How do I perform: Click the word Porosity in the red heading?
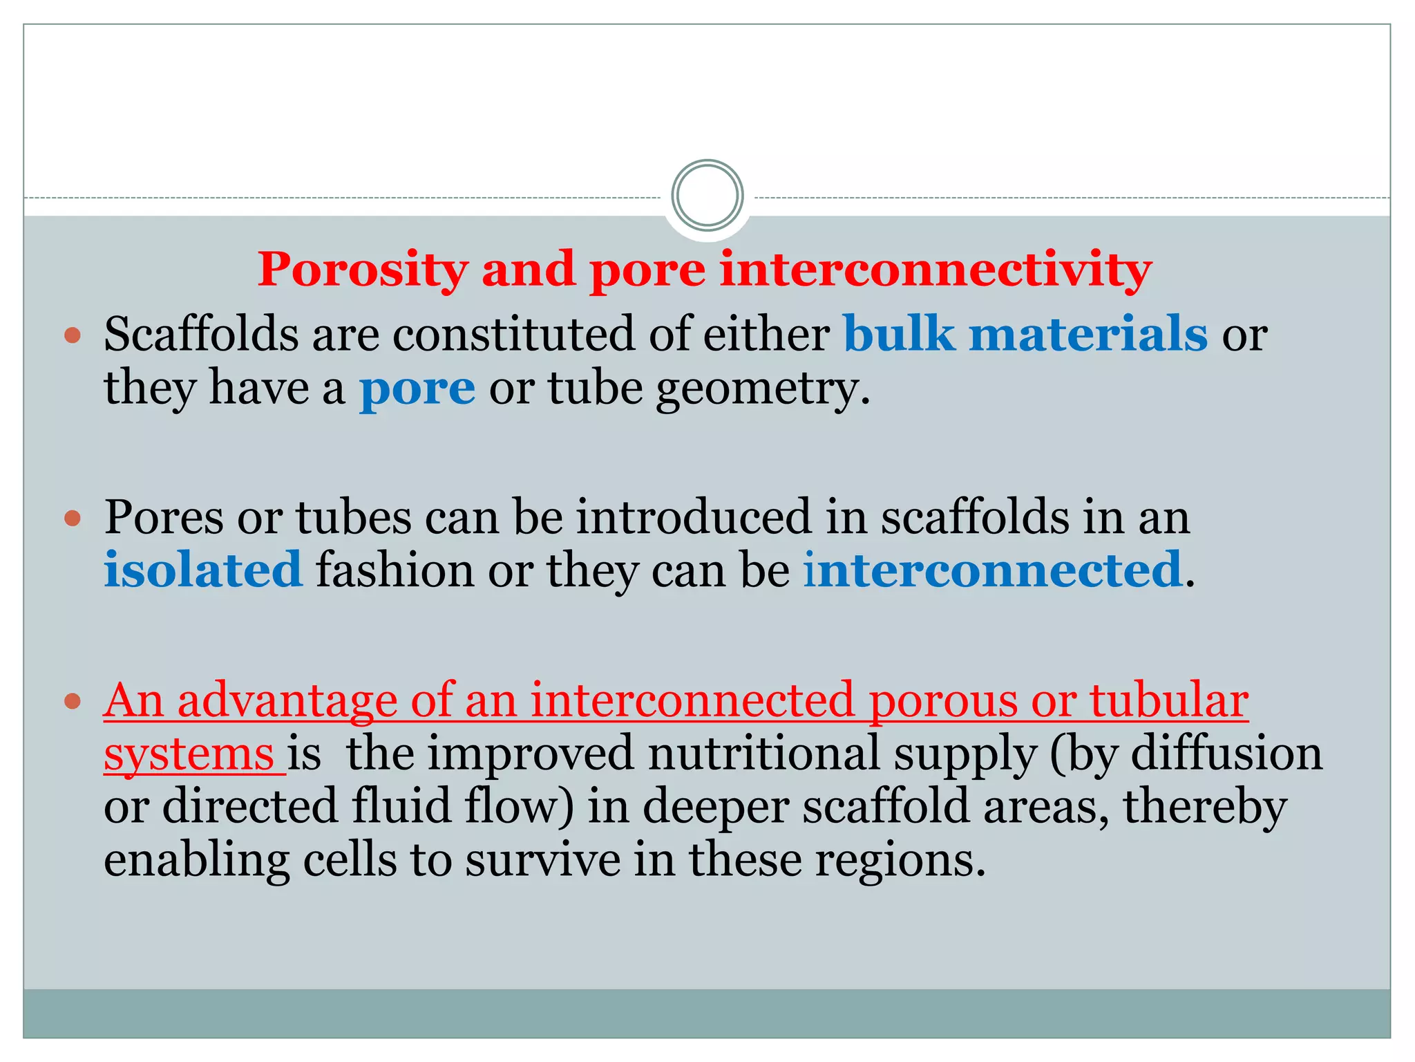tap(363, 270)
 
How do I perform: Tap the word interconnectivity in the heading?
tap(936, 269)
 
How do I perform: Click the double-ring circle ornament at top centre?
tap(707, 196)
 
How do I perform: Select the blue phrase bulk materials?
tap(1025, 334)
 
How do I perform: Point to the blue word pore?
tap(417, 389)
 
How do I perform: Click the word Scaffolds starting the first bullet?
tap(201, 334)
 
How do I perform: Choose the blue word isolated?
tap(203, 570)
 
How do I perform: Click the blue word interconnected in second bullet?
tap(993, 570)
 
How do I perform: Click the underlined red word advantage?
tap(287, 700)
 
